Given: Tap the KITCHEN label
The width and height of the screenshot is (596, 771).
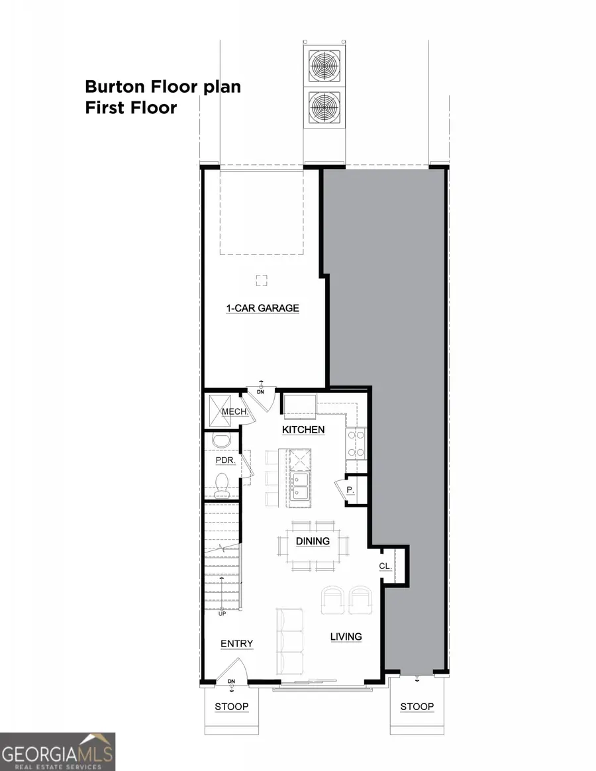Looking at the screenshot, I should (x=303, y=430).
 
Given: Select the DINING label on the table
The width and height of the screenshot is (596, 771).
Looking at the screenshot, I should (x=313, y=541).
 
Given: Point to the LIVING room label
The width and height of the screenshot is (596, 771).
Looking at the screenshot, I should (x=346, y=637).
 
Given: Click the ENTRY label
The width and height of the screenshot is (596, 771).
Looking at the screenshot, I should (x=236, y=644).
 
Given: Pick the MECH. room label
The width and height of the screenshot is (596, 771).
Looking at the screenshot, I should (x=234, y=412).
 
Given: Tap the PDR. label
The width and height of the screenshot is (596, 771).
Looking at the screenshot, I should (x=224, y=460).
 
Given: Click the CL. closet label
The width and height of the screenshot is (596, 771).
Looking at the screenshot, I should (x=385, y=566).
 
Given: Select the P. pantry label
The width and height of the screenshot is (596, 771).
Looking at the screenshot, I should (x=350, y=491).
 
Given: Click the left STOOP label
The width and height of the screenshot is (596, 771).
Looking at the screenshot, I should (x=232, y=707).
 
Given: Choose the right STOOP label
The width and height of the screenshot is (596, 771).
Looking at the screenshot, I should (x=417, y=707).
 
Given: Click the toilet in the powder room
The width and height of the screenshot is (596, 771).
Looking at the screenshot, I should (x=222, y=484).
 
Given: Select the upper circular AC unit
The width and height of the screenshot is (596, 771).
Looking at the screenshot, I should (x=324, y=66).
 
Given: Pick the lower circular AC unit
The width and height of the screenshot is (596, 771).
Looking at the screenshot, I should (x=324, y=107).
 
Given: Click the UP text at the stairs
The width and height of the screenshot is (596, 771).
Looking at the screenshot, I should (x=223, y=614).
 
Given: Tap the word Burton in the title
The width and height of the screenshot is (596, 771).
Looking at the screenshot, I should (x=115, y=87).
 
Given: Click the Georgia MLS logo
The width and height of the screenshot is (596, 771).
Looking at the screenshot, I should (x=58, y=751).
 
